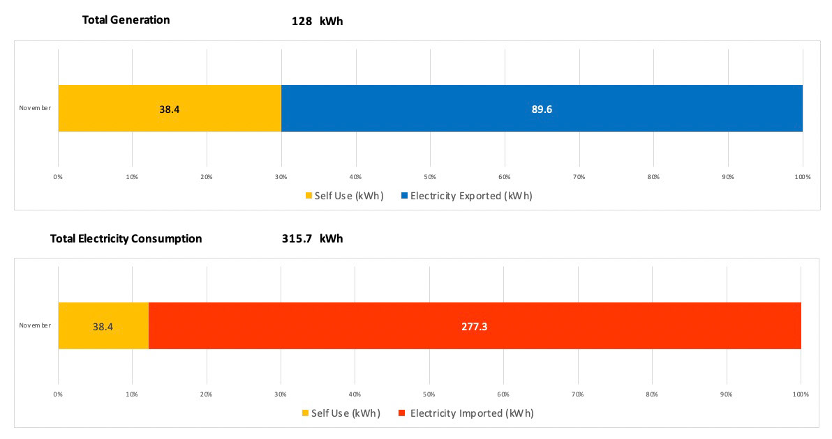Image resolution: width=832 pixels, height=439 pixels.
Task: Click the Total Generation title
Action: pos(126,20)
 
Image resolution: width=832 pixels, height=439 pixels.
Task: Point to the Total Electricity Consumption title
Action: pos(126,238)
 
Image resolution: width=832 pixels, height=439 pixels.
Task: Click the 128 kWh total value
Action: pos(317,21)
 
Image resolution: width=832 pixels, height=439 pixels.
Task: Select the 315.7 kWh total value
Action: pos(312,238)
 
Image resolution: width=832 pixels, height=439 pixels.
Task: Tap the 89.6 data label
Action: pos(542,109)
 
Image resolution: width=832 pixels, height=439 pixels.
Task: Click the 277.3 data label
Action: pos(474,326)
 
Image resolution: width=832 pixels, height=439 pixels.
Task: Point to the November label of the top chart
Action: pos(35,108)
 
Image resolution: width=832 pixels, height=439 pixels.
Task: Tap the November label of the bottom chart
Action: pos(35,325)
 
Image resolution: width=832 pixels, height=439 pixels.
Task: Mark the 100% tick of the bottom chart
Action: pos(801,394)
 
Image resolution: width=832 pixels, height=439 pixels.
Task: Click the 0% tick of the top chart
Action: pos(58,177)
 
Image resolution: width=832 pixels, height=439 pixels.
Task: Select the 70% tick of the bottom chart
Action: pos(578,394)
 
